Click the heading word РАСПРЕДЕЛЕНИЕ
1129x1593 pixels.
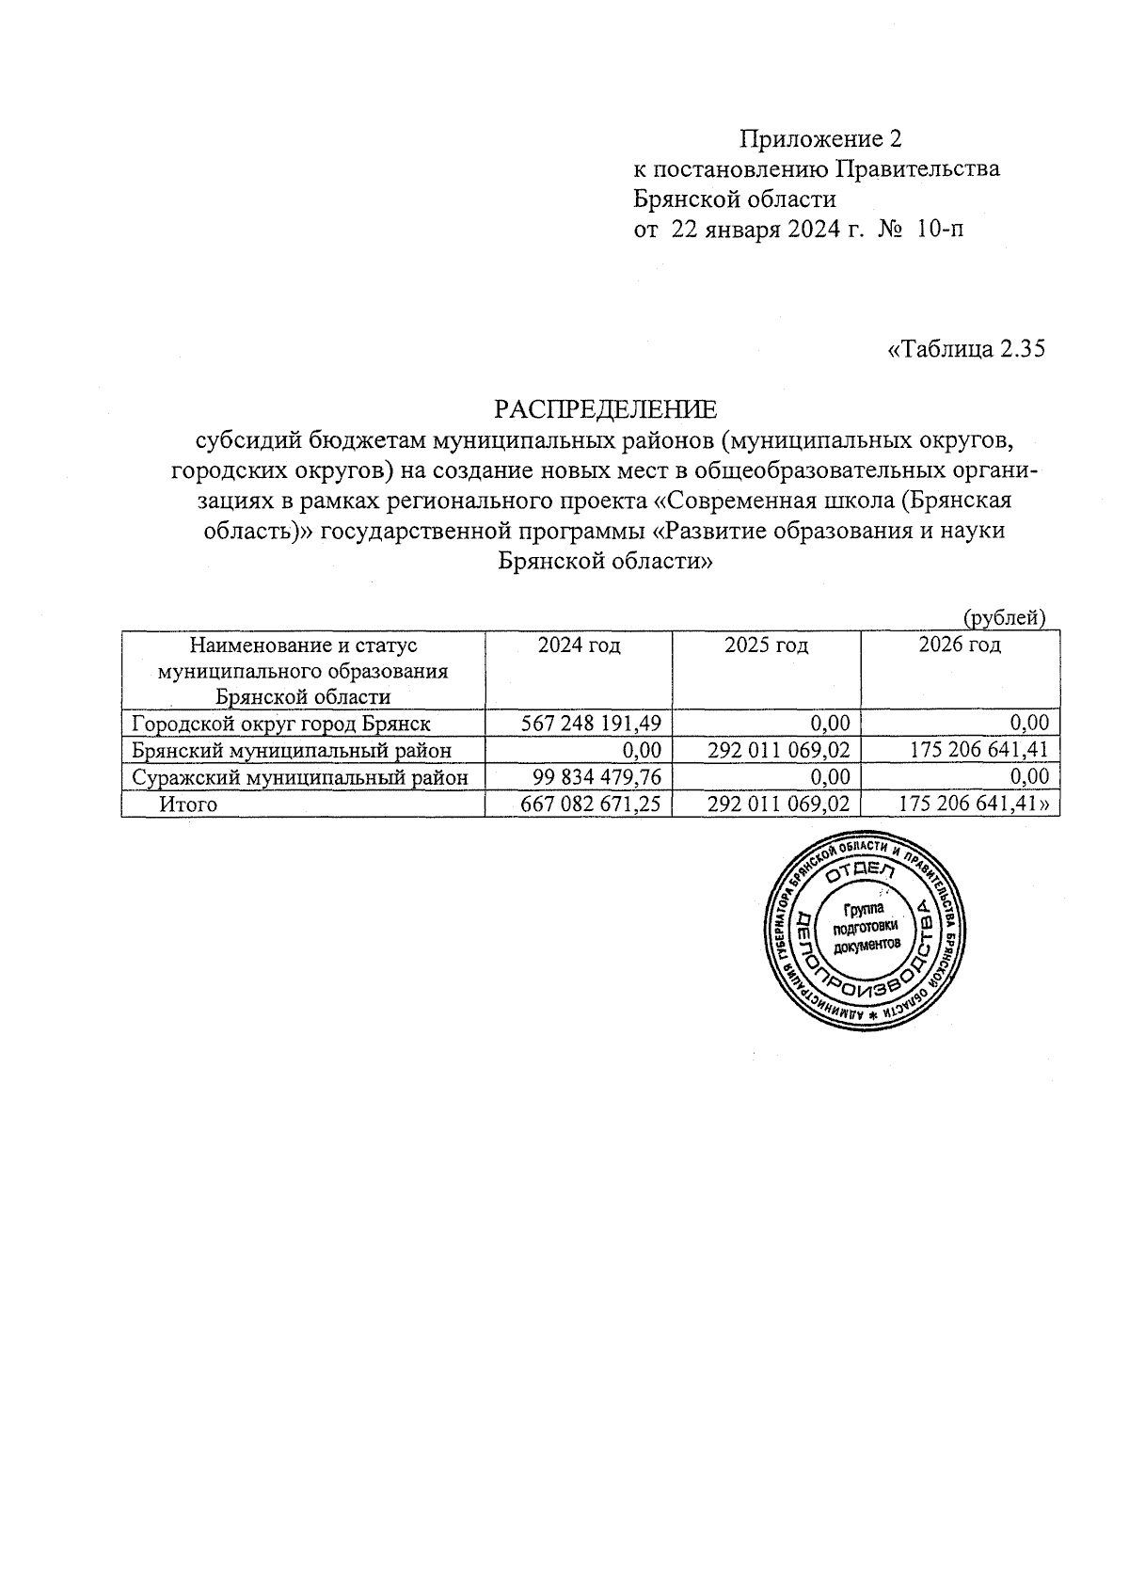coord(605,409)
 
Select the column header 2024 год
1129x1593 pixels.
coord(579,645)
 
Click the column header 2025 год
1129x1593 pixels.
coord(766,645)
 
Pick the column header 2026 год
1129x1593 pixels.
coord(959,645)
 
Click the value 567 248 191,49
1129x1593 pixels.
coord(591,724)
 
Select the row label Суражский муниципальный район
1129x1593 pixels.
coord(299,777)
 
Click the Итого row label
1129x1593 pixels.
coord(188,804)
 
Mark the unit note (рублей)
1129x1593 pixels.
coord(1004,618)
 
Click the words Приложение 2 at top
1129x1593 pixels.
coord(820,140)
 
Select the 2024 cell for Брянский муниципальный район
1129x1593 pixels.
coord(644,751)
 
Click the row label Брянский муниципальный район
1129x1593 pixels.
coord(291,751)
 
